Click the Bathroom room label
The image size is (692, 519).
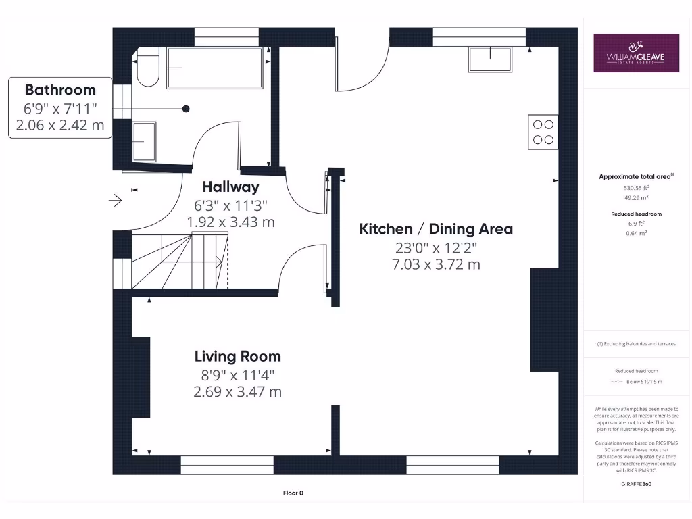[60, 90]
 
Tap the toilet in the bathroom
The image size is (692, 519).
[146, 68]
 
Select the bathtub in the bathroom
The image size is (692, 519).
[214, 68]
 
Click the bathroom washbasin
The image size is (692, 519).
[144, 141]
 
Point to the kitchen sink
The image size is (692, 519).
[491, 59]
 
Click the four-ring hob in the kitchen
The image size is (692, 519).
[543, 132]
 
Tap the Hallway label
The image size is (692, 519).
[230, 187]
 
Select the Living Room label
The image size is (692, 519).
[237, 356]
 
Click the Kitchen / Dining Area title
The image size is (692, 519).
[436, 229]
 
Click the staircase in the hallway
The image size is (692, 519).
[179, 260]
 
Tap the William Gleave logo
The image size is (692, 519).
[636, 53]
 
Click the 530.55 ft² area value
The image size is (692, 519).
[636, 189]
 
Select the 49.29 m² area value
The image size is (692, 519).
[636, 199]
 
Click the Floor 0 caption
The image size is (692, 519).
[293, 493]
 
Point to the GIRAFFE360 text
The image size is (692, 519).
[636, 484]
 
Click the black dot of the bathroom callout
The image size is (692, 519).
[186, 109]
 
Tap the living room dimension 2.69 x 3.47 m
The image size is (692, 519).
[237, 391]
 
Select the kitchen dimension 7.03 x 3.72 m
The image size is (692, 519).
[436, 264]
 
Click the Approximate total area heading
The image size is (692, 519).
[635, 177]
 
